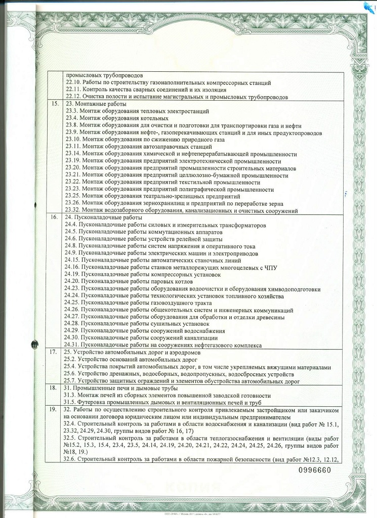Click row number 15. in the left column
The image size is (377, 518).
coord(54,103)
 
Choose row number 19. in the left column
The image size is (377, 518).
coord(54,408)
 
